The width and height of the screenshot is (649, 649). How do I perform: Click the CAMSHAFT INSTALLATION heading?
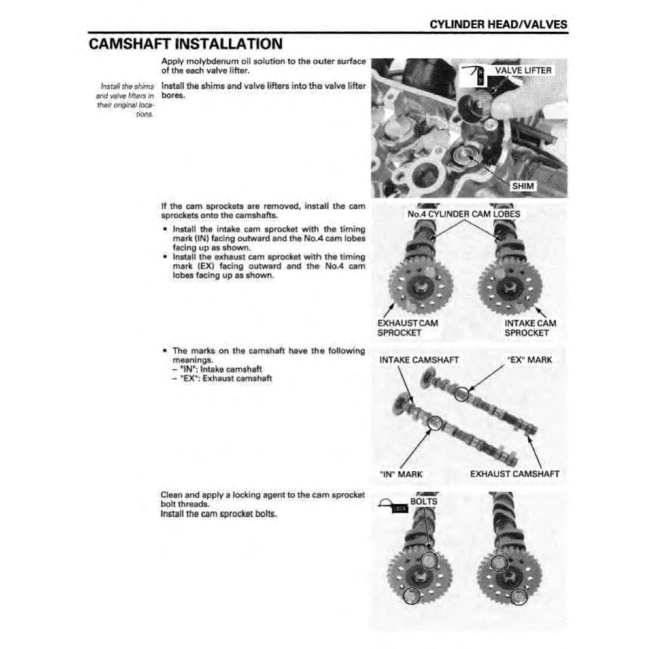[x=185, y=44]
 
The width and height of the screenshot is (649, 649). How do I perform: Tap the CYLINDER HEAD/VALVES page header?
[x=498, y=25]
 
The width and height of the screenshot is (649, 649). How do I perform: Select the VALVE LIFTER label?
[x=522, y=70]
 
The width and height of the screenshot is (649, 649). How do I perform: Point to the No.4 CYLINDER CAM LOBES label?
[x=464, y=214]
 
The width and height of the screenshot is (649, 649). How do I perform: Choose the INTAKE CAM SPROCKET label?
[x=530, y=328]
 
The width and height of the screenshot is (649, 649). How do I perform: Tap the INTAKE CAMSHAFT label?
[x=419, y=359]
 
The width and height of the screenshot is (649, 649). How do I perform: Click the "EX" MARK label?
[x=529, y=359]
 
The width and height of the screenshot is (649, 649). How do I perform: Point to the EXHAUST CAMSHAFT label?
[x=515, y=473]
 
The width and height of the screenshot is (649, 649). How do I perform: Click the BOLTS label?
[x=423, y=501]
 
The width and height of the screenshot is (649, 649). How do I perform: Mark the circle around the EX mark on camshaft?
[x=462, y=394]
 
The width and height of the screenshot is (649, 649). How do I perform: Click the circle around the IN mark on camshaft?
[x=435, y=423]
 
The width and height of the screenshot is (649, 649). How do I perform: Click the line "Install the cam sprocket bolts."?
[x=219, y=514]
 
